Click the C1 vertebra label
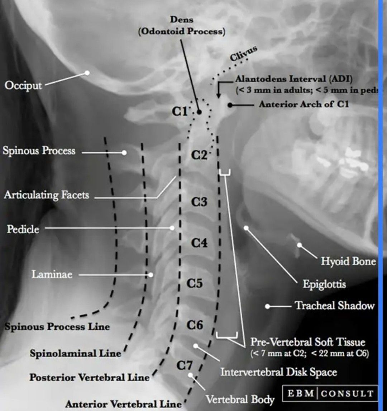[180, 112]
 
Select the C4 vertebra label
[199, 243]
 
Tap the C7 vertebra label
[184, 365]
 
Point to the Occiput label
[23, 85]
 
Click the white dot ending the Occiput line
[87, 72]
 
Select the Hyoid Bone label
[348, 261]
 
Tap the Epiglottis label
[324, 284]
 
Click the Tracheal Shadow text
[335, 306]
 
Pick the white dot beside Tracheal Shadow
[267, 306]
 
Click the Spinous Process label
[39, 151]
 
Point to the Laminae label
[52, 274]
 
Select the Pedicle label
[23, 229]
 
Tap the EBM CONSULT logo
[330, 394]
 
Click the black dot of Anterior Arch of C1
[230, 105]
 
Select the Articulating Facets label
[47, 195]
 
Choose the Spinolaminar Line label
[75, 353]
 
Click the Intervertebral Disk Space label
[278, 372]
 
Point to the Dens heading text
[182, 19]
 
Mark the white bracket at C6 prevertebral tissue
[227, 335]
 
